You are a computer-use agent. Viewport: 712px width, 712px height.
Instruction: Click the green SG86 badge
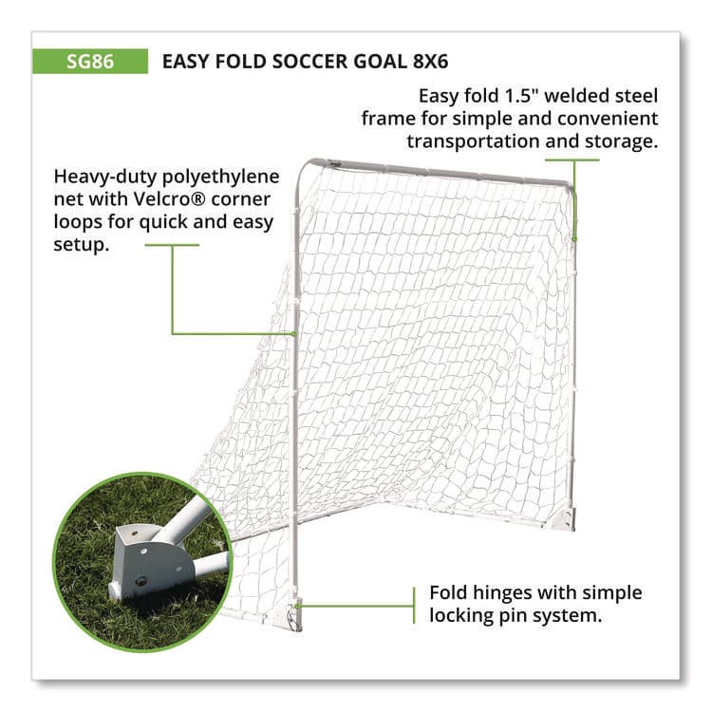90,62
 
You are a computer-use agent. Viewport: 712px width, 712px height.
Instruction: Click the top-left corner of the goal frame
302,166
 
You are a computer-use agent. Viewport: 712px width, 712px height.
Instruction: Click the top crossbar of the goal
437,172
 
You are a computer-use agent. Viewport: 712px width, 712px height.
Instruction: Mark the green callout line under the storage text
572,159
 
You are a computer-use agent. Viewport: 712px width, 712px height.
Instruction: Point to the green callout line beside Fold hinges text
361,602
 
